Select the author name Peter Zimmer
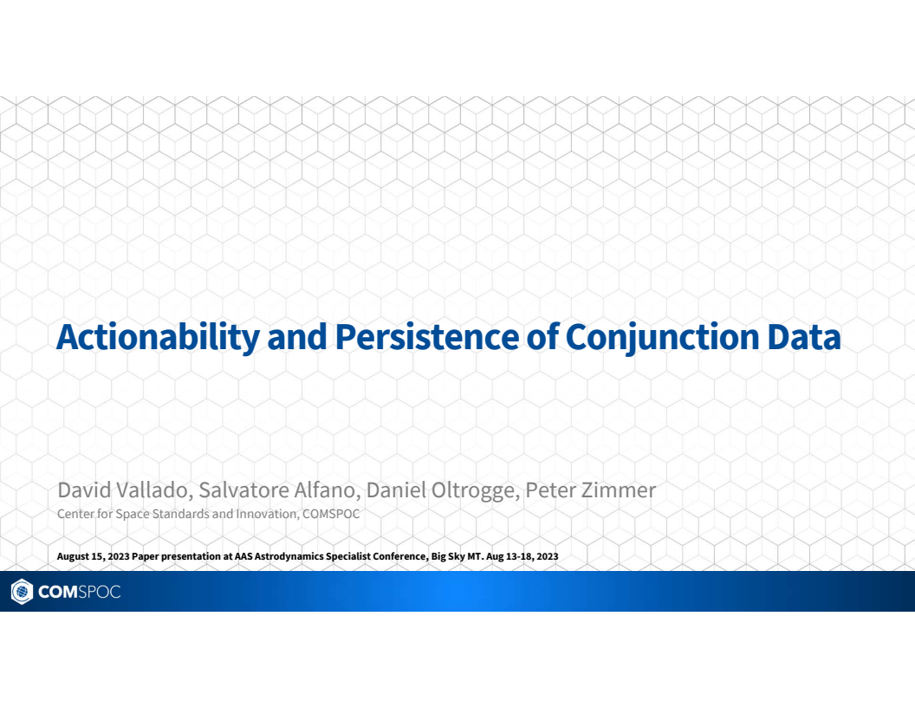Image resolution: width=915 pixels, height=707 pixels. click(591, 490)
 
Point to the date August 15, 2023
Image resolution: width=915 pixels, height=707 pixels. click(93, 556)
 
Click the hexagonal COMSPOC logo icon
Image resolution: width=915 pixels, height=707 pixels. click(21, 592)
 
